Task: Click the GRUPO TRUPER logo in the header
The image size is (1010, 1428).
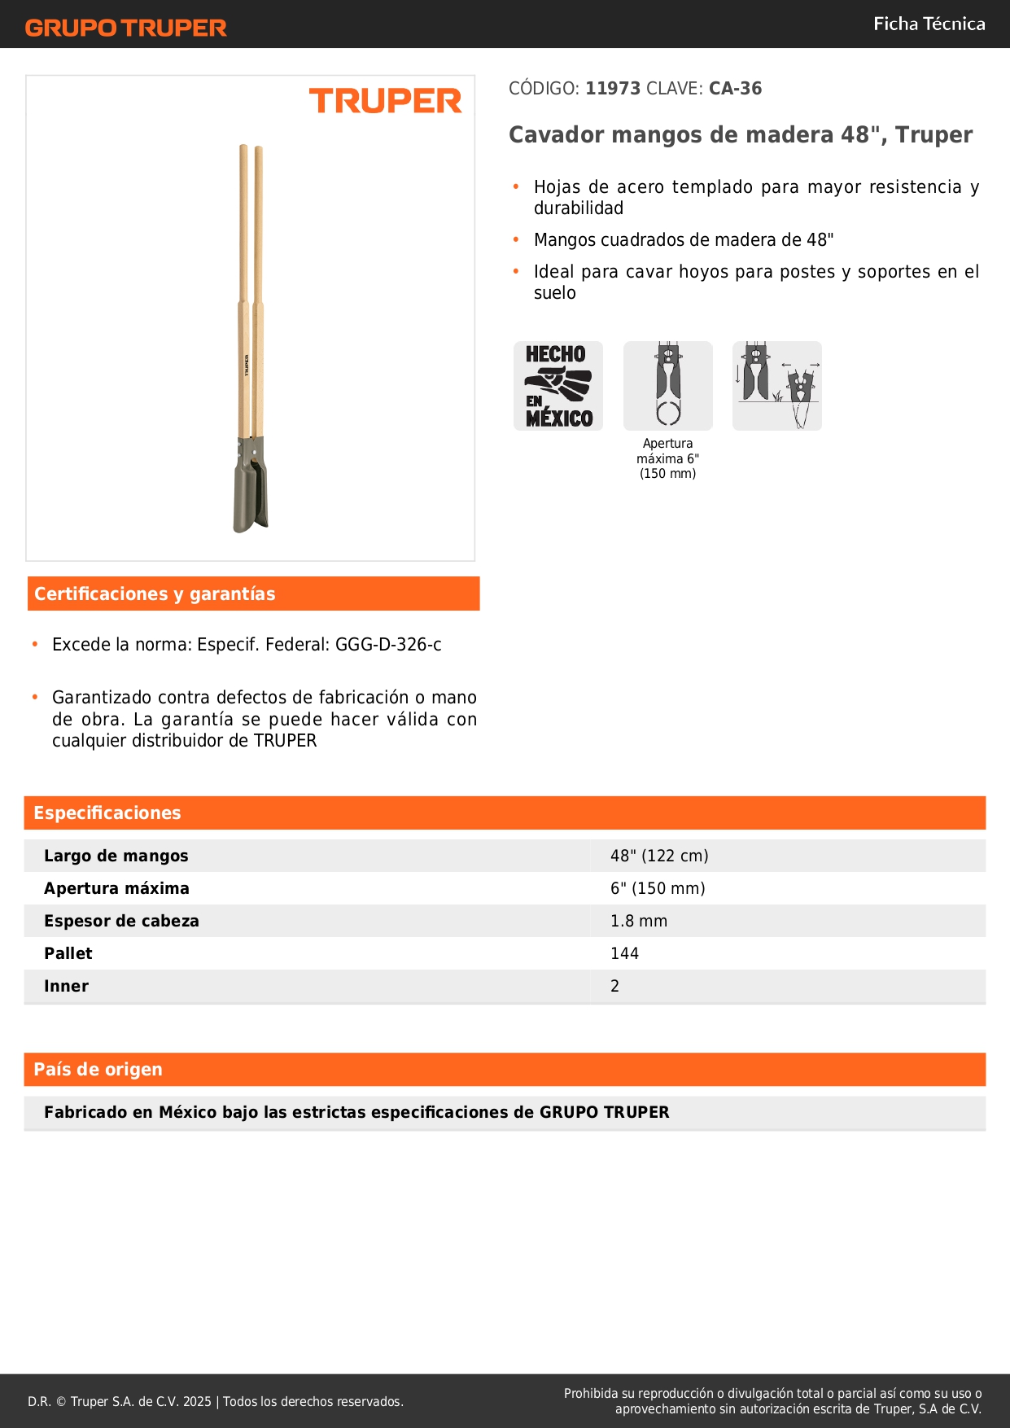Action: tap(126, 28)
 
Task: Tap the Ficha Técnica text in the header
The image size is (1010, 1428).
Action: tap(929, 24)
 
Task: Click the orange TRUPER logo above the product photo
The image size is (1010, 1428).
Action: tap(385, 101)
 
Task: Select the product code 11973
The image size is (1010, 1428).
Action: tap(613, 89)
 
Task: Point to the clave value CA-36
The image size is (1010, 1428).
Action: tap(735, 89)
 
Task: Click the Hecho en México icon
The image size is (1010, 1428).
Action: tap(558, 386)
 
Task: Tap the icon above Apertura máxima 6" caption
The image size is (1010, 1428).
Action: tap(668, 386)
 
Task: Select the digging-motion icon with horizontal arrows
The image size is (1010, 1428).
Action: tap(777, 386)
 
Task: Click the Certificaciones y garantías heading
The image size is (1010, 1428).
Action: tap(155, 594)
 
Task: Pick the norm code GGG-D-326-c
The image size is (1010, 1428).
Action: tap(388, 645)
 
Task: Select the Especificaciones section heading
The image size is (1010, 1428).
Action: tap(107, 813)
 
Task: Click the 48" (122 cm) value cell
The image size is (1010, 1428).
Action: tap(659, 856)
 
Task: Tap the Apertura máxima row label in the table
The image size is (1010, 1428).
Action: tap(116, 888)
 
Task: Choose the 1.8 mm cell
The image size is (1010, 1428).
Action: tap(639, 921)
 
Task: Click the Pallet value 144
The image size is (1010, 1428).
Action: tap(625, 953)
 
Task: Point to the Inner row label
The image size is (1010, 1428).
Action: tap(67, 986)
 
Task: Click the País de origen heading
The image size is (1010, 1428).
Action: tap(98, 1070)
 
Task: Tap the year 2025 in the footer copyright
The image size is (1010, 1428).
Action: tap(197, 1402)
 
